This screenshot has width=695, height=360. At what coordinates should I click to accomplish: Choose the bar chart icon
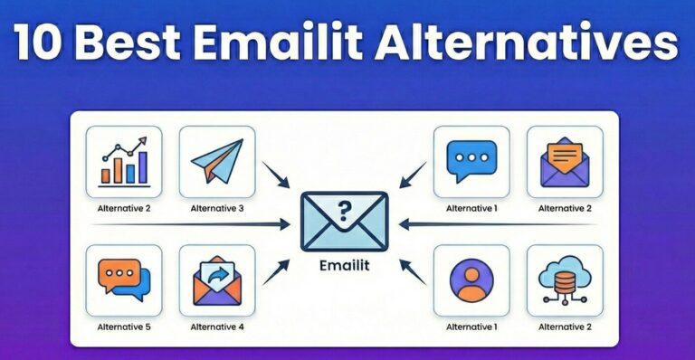(124, 163)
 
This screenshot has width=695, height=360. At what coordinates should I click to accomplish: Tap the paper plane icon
(217, 163)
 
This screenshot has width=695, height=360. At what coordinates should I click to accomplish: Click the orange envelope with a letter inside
(565, 163)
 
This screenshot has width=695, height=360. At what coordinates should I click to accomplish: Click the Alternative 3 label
(217, 208)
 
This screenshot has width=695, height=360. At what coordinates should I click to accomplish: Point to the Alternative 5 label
(124, 327)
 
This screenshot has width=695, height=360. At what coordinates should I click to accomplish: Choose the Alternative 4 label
(217, 327)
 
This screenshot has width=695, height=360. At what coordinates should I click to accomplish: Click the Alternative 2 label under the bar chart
(124, 208)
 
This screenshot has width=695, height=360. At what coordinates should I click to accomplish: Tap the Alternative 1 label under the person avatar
(471, 327)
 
